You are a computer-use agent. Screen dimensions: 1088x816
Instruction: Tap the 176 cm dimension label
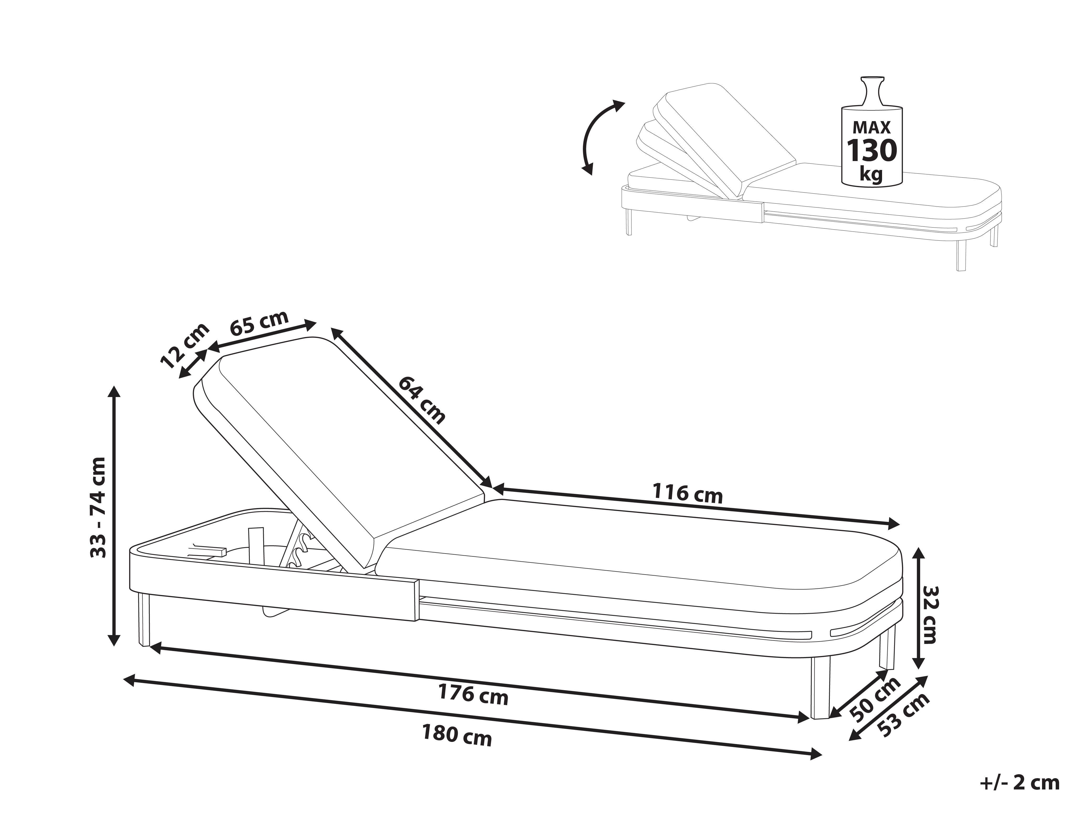pos(473,695)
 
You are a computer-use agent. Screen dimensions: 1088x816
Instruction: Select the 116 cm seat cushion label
pos(687,493)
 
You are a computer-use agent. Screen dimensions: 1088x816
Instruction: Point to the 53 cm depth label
pos(904,716)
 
